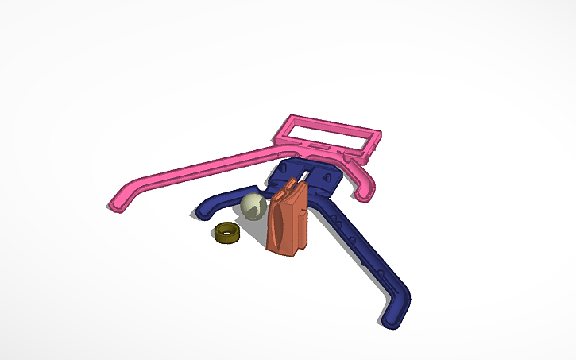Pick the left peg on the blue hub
287,170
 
